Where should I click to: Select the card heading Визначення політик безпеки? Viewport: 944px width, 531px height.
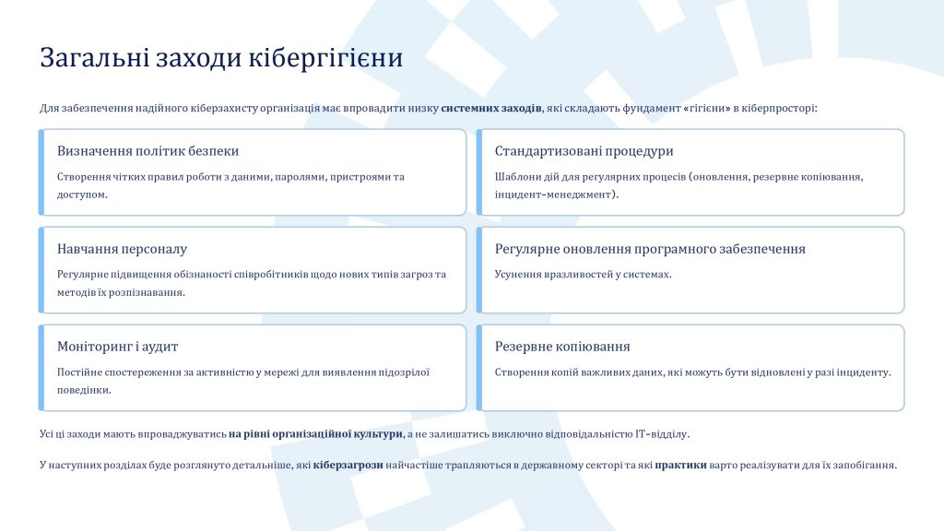click(x=148, y=150)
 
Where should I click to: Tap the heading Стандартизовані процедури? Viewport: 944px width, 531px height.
click(x=584, y=151)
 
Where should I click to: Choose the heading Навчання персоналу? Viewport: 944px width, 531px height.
click(x=123, y=249)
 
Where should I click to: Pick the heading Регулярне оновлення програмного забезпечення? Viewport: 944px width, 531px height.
click(x=650, y=249)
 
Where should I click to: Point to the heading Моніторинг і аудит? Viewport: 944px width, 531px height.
click(x=117, y=347)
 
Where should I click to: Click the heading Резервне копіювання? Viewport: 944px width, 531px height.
click(x=562, y=347)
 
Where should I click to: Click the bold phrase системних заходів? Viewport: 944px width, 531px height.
click(x=491, y=109)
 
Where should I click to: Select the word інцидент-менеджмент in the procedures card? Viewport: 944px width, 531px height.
click(x=553, y=195)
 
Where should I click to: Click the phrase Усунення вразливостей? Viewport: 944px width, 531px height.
click(x=548, y=275)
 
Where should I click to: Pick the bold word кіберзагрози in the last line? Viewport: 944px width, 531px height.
click(x=348, y=466)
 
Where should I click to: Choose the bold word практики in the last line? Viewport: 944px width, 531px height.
click(x=681, y=466)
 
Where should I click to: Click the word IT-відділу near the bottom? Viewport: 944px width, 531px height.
click(x=662, y=434)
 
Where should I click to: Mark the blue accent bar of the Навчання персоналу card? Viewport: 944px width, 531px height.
click(x=41, y=270)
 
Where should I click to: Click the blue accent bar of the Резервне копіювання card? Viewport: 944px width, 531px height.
click(x=479, y=368)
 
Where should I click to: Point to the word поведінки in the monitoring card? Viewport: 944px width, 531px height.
click(x=84, y=390)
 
